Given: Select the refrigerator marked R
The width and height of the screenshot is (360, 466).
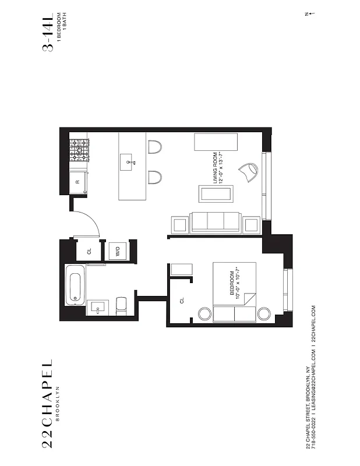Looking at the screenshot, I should tap(79, 182).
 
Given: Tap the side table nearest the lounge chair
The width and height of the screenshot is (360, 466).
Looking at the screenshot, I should tap(252, 224).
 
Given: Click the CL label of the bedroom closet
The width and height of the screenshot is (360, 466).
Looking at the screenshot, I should tap(182, 301).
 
